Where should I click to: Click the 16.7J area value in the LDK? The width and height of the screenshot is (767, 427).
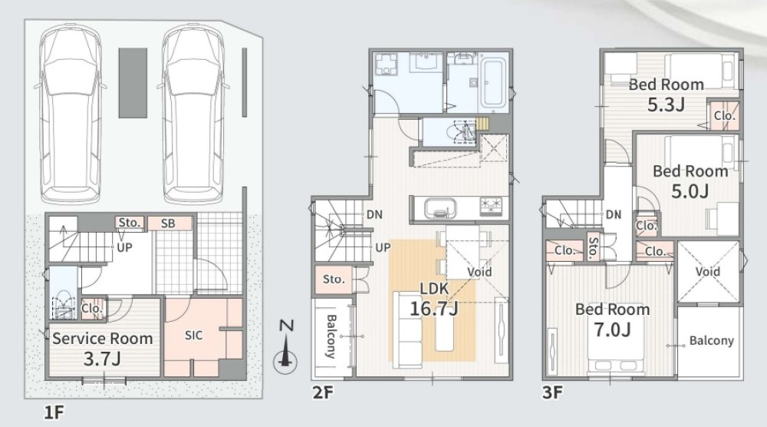click(x=434, y=309)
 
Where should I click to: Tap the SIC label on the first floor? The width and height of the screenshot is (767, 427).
click(x=194, y=336)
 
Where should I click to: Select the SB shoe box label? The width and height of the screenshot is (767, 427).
click(x=168, y=223)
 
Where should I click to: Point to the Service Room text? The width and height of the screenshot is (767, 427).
click(x=102, y=339)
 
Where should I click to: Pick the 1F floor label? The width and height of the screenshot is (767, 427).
click(x=54, y=412)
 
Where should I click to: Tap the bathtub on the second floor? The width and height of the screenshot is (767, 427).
click(x=493, y=83)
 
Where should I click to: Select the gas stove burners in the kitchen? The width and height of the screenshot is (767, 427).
click(x=492, y=206)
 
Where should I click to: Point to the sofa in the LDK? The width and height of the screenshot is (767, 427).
click(x=408, y=329)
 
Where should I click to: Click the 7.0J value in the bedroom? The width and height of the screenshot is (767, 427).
click(x=612, y=329)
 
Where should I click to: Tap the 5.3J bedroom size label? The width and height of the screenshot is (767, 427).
click(x=666, y=104)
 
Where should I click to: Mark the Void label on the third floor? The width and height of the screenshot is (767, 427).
click(x=708, y=271)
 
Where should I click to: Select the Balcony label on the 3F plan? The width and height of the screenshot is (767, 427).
click(x=711, y=340)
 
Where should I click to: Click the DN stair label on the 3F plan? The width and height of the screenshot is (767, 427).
click(x=614, y=214)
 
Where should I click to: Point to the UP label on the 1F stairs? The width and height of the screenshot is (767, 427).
click(x=124, y=247)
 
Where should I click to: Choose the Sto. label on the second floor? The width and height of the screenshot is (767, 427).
click(x=334, y=279)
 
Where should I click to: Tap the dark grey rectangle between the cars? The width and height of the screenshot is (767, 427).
click(x=133, y=83)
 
